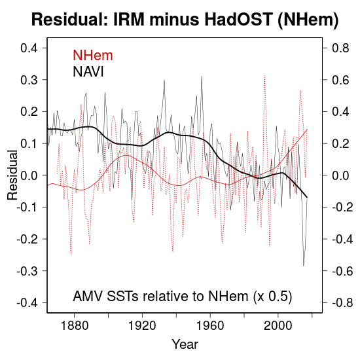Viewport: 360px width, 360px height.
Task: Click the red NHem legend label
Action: click(93, 56)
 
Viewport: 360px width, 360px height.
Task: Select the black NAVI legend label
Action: click(88, 71)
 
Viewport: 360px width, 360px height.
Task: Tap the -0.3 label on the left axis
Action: click(27, 271)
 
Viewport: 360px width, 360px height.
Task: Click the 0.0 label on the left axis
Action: click(29, 175)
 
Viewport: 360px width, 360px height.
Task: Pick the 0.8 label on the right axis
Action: click(340, 48)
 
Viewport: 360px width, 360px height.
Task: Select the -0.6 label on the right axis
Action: click(342, 271)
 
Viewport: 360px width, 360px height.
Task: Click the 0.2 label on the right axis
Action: click(340, 143)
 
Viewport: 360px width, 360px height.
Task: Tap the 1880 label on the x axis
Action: click(75, 325)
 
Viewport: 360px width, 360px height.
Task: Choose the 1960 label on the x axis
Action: click(210, 325)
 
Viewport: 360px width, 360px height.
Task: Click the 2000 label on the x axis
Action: click(278, 325)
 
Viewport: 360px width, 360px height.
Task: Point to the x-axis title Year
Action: click(185, 344)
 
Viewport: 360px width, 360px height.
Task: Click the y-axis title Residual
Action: click(12, 175)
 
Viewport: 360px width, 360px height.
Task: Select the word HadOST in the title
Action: click(239, 19)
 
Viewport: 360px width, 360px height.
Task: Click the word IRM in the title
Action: click(129, 19)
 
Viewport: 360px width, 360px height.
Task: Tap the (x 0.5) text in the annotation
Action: click(272, 297)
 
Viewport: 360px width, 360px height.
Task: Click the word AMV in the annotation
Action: click(88, 296)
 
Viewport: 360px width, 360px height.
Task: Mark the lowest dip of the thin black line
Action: click(304, 266)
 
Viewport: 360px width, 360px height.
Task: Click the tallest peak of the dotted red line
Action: click(264, 75)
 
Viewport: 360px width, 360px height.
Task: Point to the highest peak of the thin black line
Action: click(202, 76)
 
